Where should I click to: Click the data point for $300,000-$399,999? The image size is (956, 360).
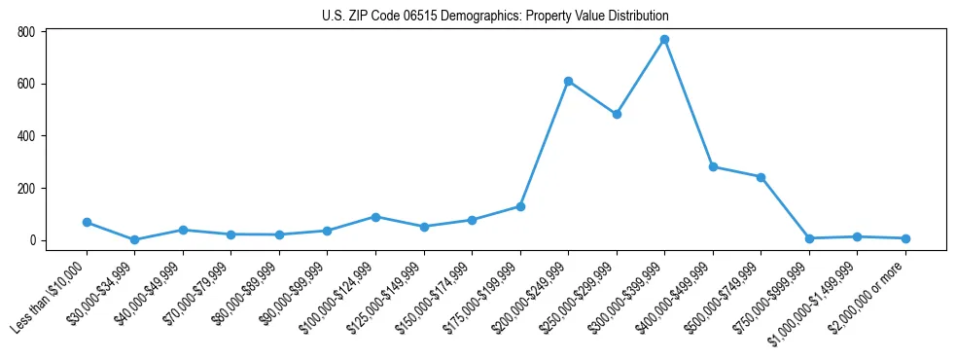[x=664, y=40]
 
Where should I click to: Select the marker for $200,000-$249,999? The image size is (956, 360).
[x=568, y=81]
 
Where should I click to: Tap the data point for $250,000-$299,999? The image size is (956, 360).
[x=617, y=114]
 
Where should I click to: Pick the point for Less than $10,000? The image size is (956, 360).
[x=87, y=223]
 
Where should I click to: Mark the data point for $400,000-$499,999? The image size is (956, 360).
[x=713, y=167]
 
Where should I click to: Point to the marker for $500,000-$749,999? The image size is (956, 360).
[x=761, y=177]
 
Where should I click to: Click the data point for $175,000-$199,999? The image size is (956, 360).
[x=520, y=206]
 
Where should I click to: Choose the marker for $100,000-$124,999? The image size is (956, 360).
[x=375, y=217]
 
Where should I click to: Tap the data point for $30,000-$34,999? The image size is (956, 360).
[x=134, y=239]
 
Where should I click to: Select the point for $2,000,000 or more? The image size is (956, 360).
[x=905, y=238]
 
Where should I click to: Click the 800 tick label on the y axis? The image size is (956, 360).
[x=26, y=32]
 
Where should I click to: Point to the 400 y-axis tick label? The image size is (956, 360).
[x=26, y=136]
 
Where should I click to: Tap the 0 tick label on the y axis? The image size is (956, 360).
[x=32, y=240]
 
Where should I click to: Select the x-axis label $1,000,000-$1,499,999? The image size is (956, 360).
[x=819, y=300]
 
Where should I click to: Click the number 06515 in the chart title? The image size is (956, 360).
[x=427, y=17]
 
